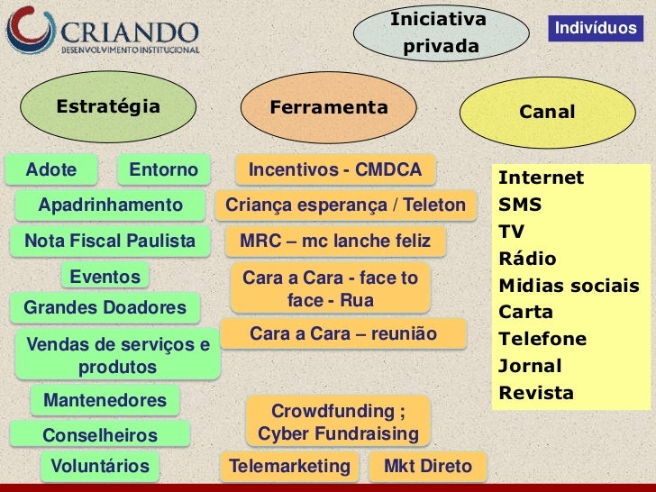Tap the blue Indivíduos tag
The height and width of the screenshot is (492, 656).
pyautogui.click(x=596, y=30)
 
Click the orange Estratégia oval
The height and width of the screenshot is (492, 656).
pyautogui.click(x=109, y=107)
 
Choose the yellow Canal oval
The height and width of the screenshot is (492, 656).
pyautogui.click(x=547, y=113)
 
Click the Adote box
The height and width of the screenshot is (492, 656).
pyautogui.click(x=52, y=169)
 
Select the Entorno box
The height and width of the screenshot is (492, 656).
pyautogui.click(x=163, y=169)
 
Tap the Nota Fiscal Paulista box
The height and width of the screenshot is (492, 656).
pyautogui.click(x=110, y=241)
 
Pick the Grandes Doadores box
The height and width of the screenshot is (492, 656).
pyautogui.click(x=105, y=308)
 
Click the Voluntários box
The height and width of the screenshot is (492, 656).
pyautogui.click(x=99, y=466)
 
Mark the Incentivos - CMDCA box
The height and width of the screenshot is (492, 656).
pyautogui.click(x=334, y=169)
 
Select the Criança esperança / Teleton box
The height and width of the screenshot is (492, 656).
pyautogui.click(x=345, y=205)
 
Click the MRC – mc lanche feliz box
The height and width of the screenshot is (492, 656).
pyautogui.click(x=335, y=241)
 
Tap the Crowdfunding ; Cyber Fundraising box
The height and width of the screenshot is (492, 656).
pyautogui.click(x=338, y=424)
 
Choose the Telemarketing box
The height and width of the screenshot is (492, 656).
pyautogui.click(x=289, y=466)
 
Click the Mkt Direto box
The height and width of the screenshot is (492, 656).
pyautogui.click(x=427, y=466)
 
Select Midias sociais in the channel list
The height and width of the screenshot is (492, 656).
pyautogui.click(x=569, y=286)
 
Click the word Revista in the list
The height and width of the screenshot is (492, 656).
pyautogui.click(x=535, y=393)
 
